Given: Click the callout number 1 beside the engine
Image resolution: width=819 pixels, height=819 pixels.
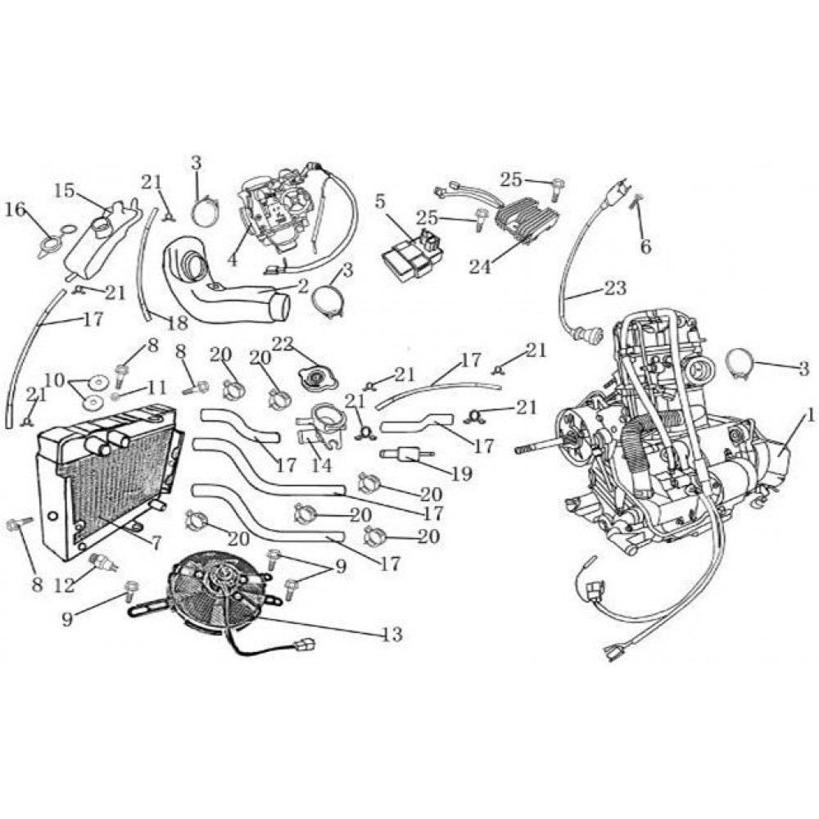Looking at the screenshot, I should point(810,417).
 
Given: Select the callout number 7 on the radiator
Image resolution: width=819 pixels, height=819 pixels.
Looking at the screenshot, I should point(155,541).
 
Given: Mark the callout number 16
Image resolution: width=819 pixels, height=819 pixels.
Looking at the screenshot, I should point(14,210).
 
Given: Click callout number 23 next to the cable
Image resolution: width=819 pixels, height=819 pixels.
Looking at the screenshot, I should point(615,288).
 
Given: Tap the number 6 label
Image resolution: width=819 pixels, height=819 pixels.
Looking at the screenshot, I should point(645,246).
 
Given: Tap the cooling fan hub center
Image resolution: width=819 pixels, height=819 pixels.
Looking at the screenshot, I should point(219,584).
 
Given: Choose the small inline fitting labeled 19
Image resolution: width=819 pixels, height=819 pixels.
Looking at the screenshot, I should point(405,454).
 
